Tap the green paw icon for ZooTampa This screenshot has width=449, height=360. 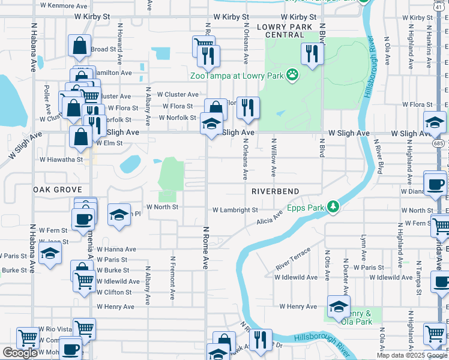click(x=292, y=75)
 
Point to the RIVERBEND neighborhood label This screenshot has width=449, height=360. click(x=275, y=191)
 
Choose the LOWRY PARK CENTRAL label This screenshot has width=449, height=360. click(x=285, y=31)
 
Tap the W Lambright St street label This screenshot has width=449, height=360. click(x=235, y=210)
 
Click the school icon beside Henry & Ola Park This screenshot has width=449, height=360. click(x=339, y=305)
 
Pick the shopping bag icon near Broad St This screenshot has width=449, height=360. click(x=79, y=46)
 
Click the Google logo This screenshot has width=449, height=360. click(x=20, y=353)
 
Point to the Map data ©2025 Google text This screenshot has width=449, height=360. click(x=411, y=355)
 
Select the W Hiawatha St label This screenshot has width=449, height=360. click(x=61, y=160)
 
